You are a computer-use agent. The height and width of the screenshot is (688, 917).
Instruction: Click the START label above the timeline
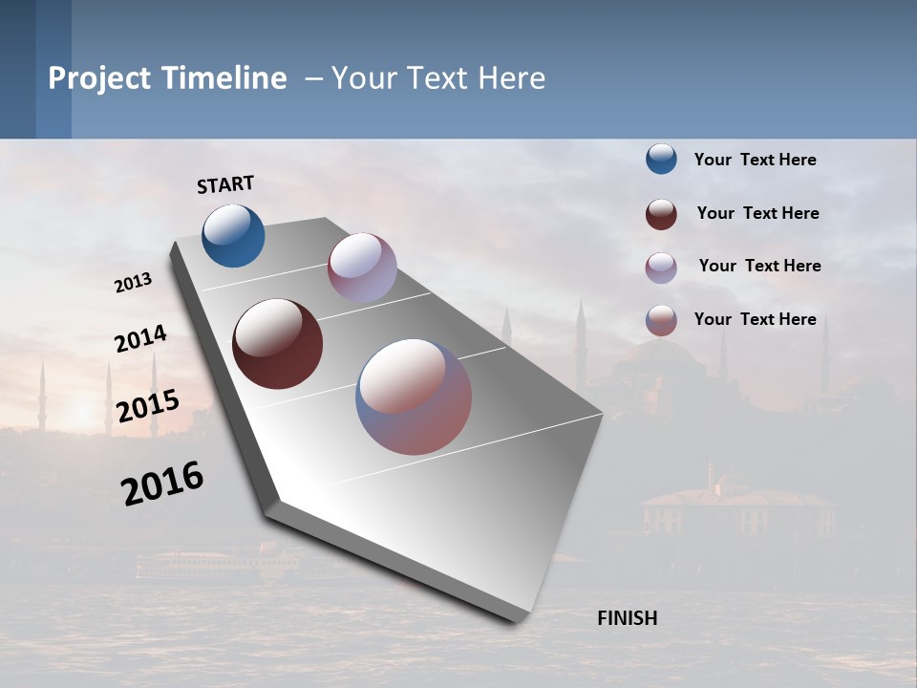click(x=225, y=184)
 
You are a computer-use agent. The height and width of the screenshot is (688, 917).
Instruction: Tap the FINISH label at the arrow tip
click(x=627, y=618)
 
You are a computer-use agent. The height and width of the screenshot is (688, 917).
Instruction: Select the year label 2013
click(x=134, y=283)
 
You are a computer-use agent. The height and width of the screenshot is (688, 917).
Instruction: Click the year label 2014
click(x=140, y=339)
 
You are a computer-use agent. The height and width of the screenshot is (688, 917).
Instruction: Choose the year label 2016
click(x=162, y=484)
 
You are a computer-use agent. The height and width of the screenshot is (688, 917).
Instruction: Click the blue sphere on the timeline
click(x=234, y=235)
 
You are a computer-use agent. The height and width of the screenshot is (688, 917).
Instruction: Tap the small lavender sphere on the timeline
click(x=362, y=268)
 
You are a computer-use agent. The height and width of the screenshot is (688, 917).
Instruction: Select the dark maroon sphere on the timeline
click(x=278, y=344)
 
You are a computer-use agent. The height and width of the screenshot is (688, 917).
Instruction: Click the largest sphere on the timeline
click(x=414, y=396)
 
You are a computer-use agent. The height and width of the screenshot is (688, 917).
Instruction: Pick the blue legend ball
click(x=661, y=160)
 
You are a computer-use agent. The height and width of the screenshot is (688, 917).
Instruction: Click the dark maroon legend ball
click(x=661, y=214)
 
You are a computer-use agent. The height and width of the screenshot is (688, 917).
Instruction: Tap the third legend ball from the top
click(x=661, y=268)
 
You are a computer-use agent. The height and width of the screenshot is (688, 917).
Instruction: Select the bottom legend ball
click(x=661, y=320)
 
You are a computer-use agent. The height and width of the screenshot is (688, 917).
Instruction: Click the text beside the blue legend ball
click(x=755, y=160)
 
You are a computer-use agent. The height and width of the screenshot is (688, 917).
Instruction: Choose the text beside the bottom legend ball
click(x=755, y=319)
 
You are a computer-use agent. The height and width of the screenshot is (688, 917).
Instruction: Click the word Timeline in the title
click(x=225, y=78)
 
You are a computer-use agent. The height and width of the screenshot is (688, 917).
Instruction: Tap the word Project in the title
click(x=99, y=78)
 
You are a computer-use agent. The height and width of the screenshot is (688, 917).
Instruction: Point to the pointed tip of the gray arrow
click(x=517, y=620)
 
